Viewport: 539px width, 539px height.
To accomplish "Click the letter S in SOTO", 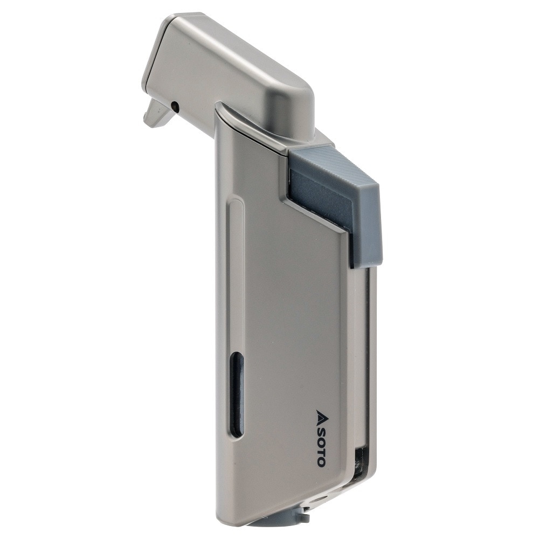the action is point(321,430).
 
